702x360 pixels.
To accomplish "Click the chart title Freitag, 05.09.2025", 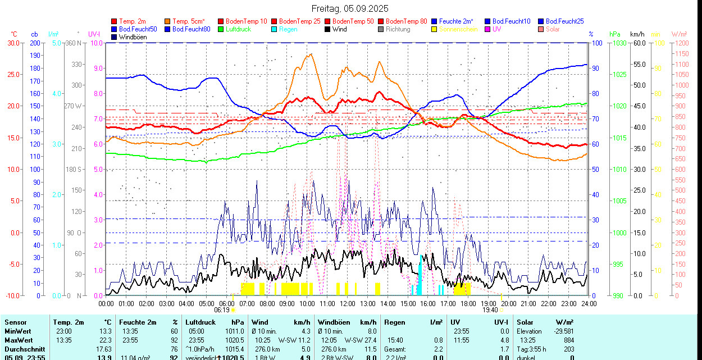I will (x=350, y=8).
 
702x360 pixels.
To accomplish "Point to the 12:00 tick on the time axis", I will (x=348, y=303).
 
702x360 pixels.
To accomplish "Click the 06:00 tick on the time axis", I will (x=227, y=303).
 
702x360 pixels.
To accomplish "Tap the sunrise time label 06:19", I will (x=222, y=309).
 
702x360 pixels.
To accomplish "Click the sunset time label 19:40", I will (x=490, y=309).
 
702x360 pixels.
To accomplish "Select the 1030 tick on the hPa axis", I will (x=619, y=43).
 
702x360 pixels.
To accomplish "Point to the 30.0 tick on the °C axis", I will (x=13, y=43).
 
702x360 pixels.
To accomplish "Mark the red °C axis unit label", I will (x=15, y=34).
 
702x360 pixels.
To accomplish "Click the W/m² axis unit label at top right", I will (x=680, y=34).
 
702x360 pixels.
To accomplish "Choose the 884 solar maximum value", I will (x=568, y=340).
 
